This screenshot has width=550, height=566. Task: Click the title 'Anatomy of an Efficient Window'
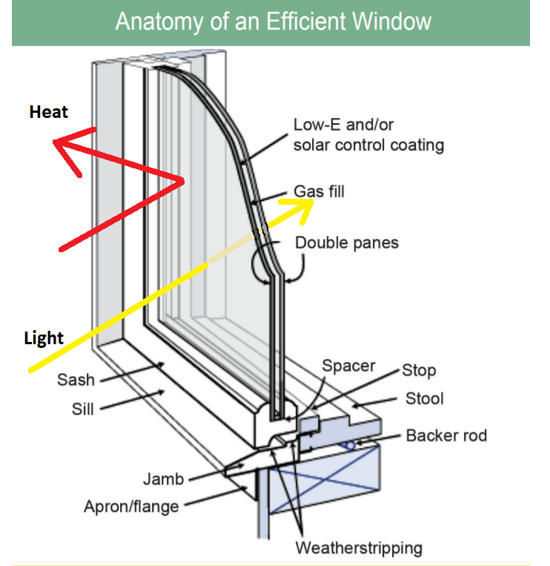[273, 21]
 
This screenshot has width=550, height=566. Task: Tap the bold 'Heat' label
[49, 112]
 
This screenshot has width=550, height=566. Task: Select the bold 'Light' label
[44, 338]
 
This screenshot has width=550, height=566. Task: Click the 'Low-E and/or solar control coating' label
[368, 134]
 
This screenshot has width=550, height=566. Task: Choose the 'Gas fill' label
[319, 191]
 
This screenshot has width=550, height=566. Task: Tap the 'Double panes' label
[347, 243]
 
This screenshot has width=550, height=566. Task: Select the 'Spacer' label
[348, 366]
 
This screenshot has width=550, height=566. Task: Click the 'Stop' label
[419, 370]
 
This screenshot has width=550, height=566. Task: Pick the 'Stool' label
[424, 398]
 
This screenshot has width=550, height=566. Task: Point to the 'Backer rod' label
[446, 435]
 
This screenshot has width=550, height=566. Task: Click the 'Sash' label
[76, 380]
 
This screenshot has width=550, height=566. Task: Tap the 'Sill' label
[83, 408]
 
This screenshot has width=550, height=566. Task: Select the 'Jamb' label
[163, 478]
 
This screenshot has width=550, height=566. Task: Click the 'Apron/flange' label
[131, 507]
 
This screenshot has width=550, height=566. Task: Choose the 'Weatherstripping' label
[359, 548]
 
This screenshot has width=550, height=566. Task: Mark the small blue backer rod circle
[348, 445]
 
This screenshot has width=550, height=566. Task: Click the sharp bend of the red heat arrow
[182, 180]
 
